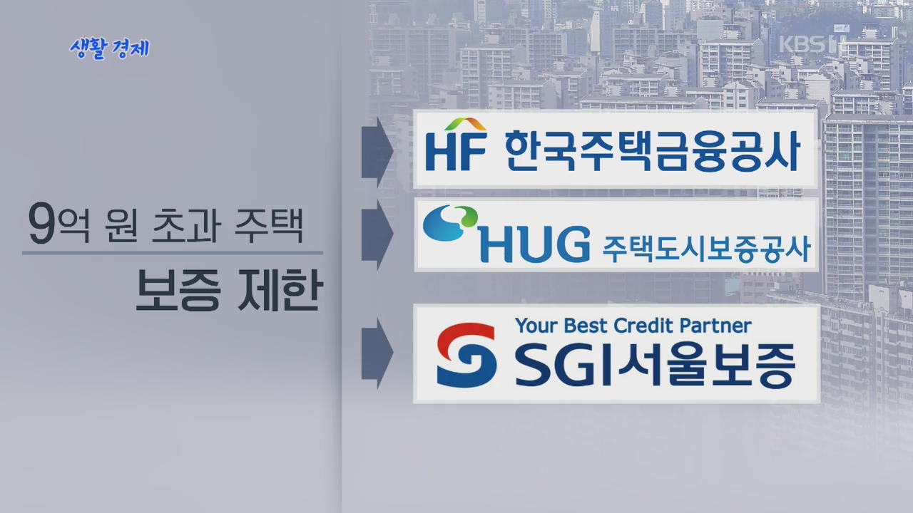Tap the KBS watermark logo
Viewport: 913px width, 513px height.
812,44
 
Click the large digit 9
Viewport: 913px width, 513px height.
41,223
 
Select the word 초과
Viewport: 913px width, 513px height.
187,225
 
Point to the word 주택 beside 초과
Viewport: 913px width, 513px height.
269,225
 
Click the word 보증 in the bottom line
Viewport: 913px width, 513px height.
178,289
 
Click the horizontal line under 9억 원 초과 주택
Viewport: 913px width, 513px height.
173,253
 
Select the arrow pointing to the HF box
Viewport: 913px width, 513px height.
377,152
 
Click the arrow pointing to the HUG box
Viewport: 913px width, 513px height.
377,234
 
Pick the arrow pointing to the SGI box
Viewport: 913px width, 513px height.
377,353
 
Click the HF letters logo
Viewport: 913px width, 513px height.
456,150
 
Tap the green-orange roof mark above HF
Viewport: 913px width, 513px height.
466,124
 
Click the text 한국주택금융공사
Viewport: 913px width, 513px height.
653,151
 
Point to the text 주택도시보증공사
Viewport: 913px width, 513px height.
706,249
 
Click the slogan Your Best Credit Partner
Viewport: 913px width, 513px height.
633,326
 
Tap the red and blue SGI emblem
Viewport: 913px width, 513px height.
466,355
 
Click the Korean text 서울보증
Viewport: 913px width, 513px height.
706,365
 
